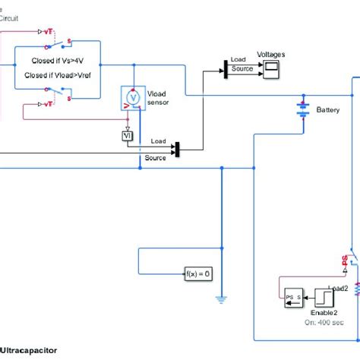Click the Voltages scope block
(x=271, y=71)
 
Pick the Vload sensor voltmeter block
(x=134, y=99)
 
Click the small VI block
(x=128, y=135)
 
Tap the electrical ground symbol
(x=222, y=299)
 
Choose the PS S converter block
(x=293, y=295)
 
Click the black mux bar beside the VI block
(x=176, y=149)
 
